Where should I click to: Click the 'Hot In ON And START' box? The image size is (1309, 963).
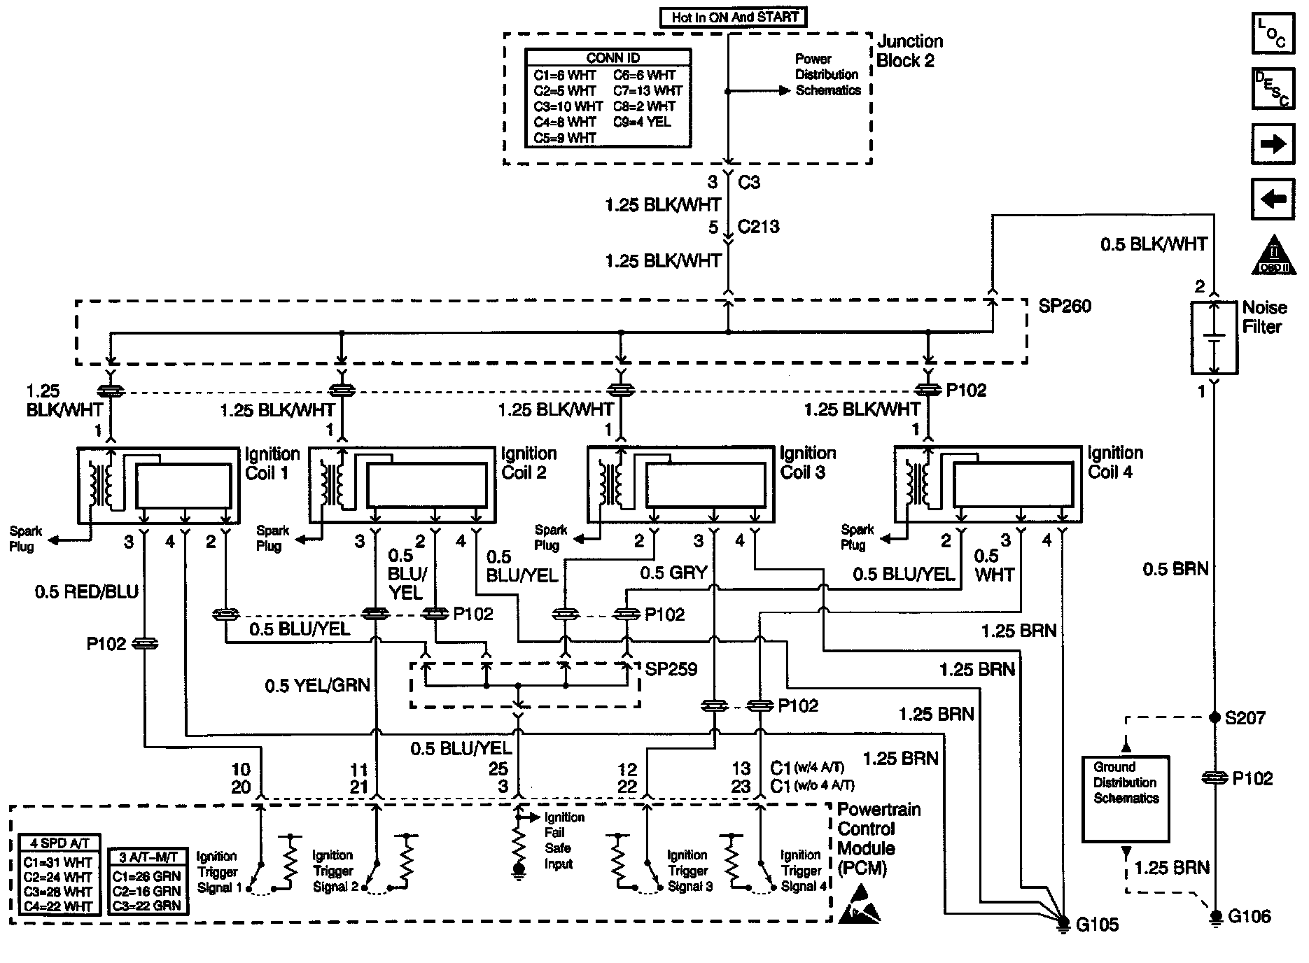click(x=733, y=17)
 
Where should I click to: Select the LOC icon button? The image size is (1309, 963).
click(x=1272, y=34)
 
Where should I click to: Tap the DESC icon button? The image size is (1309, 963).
click(x=1272, y=89)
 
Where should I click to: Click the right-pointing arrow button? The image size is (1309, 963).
click(x=1272, y=144)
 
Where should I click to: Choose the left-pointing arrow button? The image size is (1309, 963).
click(x=1272, y=199)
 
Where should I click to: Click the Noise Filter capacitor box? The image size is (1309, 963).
click(x=1214, y=338)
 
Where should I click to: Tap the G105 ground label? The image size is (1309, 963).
click(x=1097, y=925)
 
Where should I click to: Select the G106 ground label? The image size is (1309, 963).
click(x=1249, y=916)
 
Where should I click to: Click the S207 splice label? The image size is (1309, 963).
click(x=1245, y=718)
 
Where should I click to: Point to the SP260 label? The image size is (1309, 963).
click(x=1065, y=306)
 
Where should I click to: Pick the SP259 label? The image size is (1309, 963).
click(x=671, y=669)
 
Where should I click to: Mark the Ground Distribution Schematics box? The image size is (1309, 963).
click(x=1126, y=799)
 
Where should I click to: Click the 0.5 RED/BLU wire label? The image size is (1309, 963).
click(x=87, y=592)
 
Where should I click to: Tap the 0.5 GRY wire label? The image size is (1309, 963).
click(x=673, y=573)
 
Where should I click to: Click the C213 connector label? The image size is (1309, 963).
click(x=758, y=227)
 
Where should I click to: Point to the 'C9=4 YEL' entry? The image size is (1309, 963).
click(x=642, y=122)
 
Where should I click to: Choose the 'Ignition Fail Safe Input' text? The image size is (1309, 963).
click(x=559, y=841)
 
